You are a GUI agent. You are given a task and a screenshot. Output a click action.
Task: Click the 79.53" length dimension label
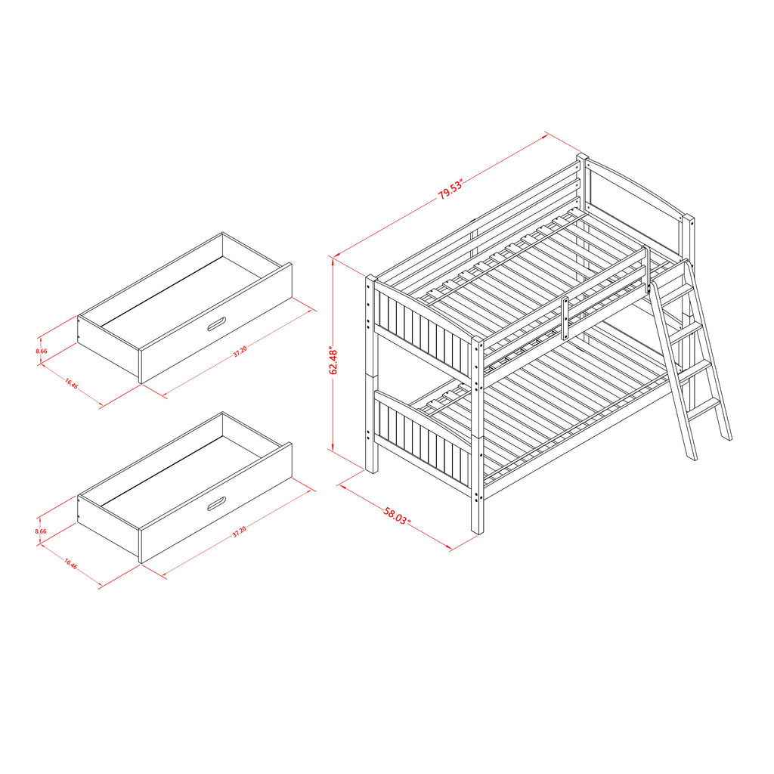click(x=450, y=190)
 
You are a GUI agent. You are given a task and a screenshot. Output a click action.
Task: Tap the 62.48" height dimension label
click(x=333, y=361)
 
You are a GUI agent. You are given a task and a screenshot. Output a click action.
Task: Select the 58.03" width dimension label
click(x=397, y=515)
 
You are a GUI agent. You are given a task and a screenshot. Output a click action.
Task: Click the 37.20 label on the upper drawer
click(x=240, y=351)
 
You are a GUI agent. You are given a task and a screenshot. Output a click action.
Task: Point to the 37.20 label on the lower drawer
click(x=239, y=531)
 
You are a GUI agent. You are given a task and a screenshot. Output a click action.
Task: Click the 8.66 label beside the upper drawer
click(x=42, y=351)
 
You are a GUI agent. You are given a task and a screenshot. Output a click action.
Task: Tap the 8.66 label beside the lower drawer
click(x=41, y=531)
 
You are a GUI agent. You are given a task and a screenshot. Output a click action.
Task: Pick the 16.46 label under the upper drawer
click(x=72, y=383)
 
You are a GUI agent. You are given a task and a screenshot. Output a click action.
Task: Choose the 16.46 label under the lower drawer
click(x=70, y=563)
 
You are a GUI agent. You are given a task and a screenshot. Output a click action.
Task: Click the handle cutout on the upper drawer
click(x=217, y=324)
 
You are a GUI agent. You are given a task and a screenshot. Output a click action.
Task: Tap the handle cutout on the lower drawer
click(x=217, y=503)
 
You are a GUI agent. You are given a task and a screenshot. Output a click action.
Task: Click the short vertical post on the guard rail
click(x=565, y=319)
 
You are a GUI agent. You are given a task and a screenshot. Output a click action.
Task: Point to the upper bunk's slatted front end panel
click(x=423, y=336)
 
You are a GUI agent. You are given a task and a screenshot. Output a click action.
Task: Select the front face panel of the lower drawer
click(x=216, y=503)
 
